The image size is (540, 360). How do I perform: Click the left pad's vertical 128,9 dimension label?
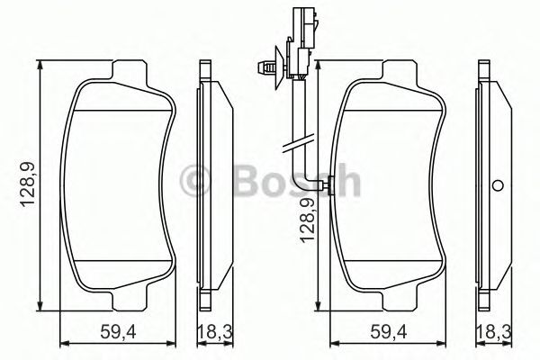pyautogui.click(x=28, y=184)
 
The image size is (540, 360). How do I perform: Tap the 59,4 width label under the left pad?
pyautogui.click(x=119, y=333)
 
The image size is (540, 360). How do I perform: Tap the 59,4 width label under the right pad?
pyautogui.click(x=389, y=333)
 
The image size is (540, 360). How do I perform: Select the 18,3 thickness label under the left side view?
pyautogui.click(x=215, y=333)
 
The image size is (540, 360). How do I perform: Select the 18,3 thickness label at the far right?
pyautogui.click(x=494, y=333)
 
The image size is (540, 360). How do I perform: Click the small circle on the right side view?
pyautogui.click(x=498, y=185)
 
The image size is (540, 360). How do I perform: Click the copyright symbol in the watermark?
pyautogui.click(x=194, y=180)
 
